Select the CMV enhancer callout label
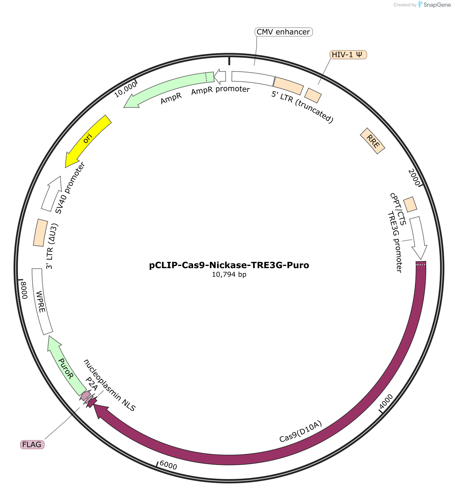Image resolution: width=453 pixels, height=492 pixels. pos(283,32)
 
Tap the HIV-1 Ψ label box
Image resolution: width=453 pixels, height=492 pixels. pos(348,55)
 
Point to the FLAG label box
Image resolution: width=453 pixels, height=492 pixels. pos(32,444)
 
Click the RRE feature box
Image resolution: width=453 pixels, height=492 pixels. pos(372,141)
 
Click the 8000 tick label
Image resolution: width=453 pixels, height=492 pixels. pos(24,290)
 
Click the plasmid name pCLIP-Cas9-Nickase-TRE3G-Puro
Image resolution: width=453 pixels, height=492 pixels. pos(229,265)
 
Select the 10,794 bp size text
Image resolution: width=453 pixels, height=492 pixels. pos(229,274)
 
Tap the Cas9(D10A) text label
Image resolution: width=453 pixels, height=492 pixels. pos(301,432)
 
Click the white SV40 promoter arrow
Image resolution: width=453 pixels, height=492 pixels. pos(51,194)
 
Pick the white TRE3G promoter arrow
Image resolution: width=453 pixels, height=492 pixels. pos(418,237)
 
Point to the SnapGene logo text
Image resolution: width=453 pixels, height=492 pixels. pos(437,5)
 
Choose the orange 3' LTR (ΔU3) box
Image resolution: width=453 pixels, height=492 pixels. pos(40,232)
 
